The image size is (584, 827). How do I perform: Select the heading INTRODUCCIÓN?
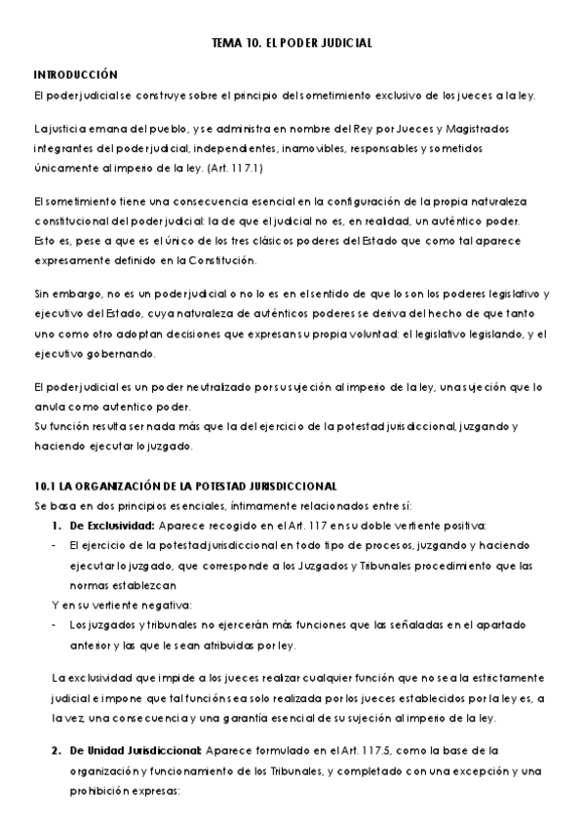[x=75, y=74]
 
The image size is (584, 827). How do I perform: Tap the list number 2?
[x=55, y=750]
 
